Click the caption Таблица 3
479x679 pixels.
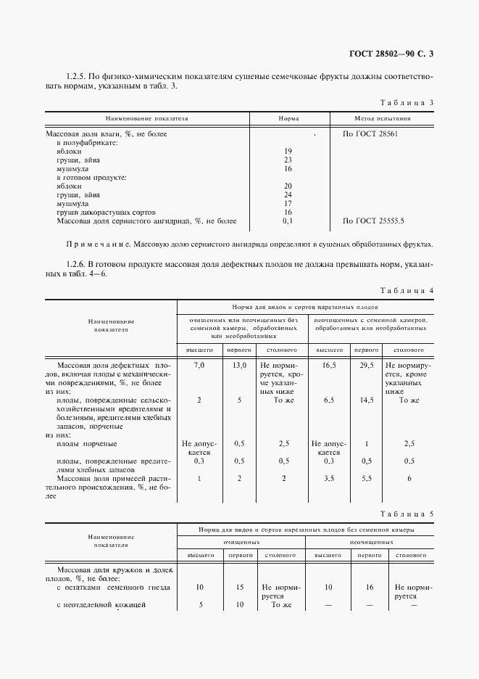pos(407,102)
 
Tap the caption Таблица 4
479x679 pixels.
pos(407,291)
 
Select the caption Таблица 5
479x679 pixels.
pos(407,514)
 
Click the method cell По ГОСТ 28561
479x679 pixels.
pos(370,134)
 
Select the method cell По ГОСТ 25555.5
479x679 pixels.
pos(373,221)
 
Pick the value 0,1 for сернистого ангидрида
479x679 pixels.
pos(288,221)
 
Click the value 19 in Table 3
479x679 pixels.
pos(288,152)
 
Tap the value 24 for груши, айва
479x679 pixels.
pos(288,194)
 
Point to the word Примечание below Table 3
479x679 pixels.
pos(90,244)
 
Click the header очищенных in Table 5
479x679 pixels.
pos(241,542)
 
